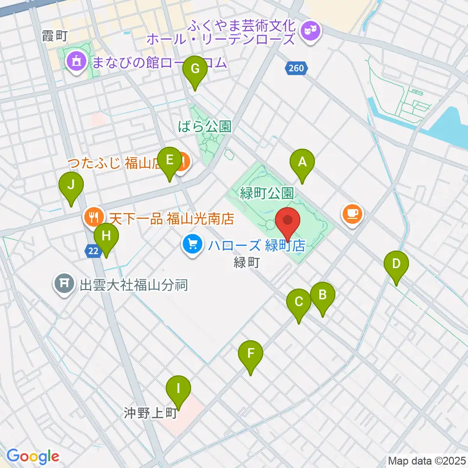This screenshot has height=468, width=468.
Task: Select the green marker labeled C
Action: pos(299,304)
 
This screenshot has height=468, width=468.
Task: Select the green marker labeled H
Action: pos(106,238)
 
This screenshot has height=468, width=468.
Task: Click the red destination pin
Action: pos(288,221)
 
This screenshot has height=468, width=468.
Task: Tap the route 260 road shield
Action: pos(296,69)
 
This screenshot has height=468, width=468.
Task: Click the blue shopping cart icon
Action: pos(193,243)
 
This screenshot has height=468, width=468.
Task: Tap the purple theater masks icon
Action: pos(310,31)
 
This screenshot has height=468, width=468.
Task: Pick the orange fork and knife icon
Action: pos(93,217)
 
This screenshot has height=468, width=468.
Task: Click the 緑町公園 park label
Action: pos(267,194)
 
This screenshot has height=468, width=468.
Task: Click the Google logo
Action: pos(33,457)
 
